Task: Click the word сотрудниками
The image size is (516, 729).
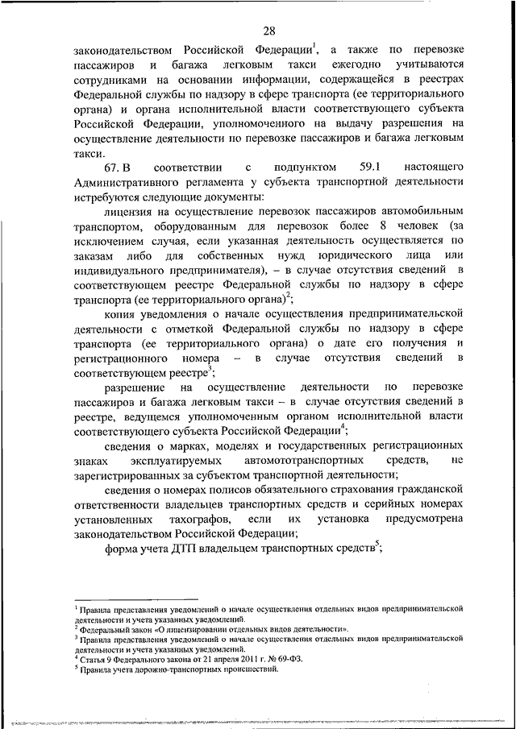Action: (x=110, y=81)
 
